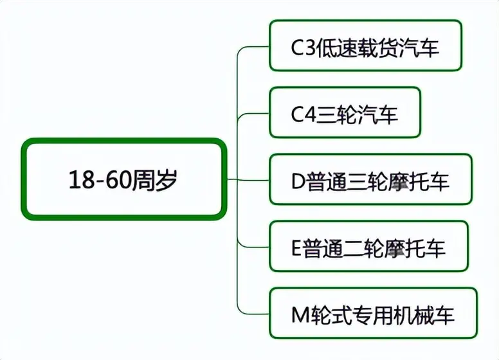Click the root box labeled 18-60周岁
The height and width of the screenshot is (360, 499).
coord(124,179)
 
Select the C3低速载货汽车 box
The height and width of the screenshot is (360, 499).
coord(366,45)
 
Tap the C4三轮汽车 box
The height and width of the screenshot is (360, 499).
coord(345,113)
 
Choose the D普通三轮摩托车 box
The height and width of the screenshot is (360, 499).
coord(371,179)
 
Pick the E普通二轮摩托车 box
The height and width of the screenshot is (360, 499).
coord(369,246)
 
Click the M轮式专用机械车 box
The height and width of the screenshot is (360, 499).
coord(374,313)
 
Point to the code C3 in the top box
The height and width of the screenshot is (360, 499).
coord(304,47)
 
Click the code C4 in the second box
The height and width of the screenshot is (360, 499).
coord(304,114)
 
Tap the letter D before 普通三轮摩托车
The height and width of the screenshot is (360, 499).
coord(298,181)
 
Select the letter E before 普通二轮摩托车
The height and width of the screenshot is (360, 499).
coord(296,248)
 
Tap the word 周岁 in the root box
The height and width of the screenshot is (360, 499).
coord(154,180)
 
